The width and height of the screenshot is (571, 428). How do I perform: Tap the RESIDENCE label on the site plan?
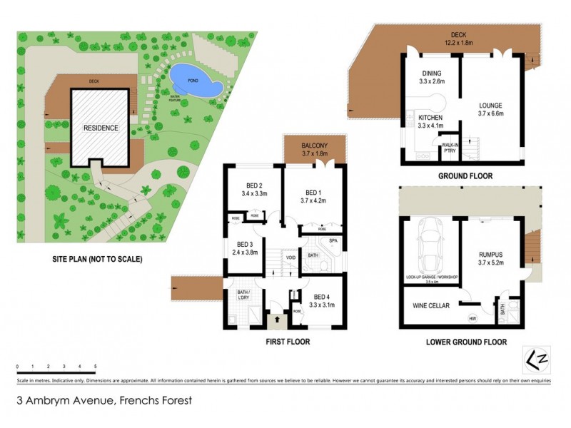click(x=101, y=128)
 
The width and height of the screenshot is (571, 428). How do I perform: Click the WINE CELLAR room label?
click(x=431, y=306)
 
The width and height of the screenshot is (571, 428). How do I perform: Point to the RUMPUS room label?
click(x=492, y=254)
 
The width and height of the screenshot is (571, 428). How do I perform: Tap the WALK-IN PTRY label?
click(x=450, y=148)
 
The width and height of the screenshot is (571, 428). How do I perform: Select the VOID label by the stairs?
click(x=290, y=258)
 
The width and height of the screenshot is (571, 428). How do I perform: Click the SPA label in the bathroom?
click(x=333, y=241)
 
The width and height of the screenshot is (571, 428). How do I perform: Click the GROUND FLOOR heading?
click(x=466, y=175)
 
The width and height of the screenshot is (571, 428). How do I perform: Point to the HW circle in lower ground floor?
click(x=472, y=317)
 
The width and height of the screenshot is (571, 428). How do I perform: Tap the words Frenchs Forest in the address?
click(x=154, y=401)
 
